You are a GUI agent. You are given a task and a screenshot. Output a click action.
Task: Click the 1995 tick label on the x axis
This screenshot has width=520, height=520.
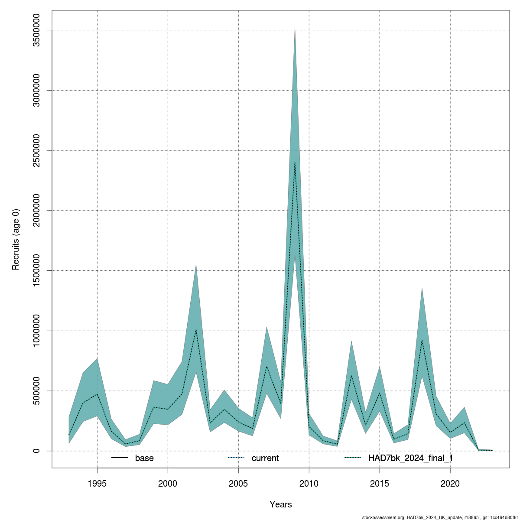click(x=97, y=483)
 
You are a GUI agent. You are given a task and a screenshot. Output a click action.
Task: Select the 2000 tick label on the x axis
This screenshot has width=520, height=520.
click(x=168, y=483)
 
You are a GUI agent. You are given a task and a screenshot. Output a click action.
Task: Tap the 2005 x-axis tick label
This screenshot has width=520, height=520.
click(x=238, y=483)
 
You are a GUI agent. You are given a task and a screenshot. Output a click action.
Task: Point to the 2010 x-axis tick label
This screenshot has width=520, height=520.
click(x=309, y=483)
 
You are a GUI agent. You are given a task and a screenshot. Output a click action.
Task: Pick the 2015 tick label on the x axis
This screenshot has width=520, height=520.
click(x=380, y=483)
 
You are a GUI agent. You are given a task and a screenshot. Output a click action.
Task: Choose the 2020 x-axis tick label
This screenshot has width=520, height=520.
click(x=450, y=483)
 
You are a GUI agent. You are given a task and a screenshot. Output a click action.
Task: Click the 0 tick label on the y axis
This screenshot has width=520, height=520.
click(x=37, y=451)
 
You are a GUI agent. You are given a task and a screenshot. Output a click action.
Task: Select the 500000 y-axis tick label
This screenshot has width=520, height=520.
click(x=37, y=391)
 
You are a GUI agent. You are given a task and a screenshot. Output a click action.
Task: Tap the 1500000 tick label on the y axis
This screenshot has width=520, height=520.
click(x=37, y=270)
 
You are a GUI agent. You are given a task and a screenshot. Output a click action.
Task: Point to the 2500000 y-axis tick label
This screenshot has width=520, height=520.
click(x=37, y=150)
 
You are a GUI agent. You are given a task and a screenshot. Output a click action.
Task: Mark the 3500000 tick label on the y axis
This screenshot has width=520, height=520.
click(x=37, y=30)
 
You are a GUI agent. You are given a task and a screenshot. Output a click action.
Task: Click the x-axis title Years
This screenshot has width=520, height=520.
click(x=280, y=504)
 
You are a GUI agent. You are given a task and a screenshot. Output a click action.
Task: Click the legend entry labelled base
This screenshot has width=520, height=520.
click(x=144, y=458)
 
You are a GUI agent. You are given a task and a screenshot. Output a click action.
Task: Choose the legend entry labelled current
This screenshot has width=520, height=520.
click(x=265, y=458)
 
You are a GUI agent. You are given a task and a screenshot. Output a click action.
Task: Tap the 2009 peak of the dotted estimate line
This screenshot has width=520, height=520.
click(x=295, y=162)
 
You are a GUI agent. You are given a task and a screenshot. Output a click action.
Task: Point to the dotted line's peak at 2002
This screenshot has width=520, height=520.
click(x=196, y=330)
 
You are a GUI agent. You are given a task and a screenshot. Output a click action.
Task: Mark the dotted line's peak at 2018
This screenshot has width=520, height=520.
click(x=422, y=340)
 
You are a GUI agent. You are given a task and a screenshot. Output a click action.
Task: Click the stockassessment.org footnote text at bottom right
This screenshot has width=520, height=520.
click(x=439, y=517)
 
